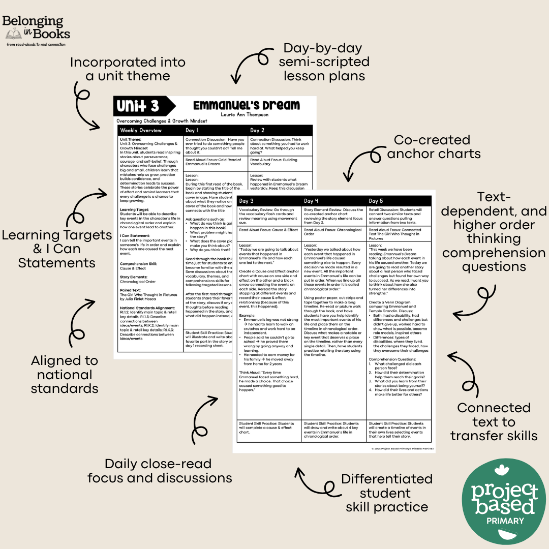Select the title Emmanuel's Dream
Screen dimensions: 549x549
247,105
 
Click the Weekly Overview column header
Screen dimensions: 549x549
141,131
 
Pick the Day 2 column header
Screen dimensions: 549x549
258,131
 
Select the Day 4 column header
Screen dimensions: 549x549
312,201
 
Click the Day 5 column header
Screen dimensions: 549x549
377,201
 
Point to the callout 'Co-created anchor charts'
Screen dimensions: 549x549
434,146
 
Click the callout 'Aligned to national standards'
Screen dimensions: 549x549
65,375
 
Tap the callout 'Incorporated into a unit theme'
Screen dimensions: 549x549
128,69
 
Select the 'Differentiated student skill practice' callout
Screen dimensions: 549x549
387,493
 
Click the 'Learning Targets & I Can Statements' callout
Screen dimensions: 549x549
57,249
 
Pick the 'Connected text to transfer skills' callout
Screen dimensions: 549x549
494,421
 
